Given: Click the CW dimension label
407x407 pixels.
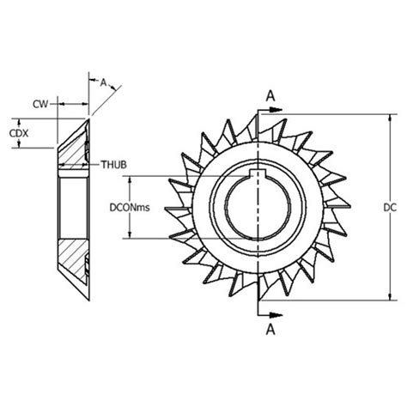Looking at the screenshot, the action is [40, 104].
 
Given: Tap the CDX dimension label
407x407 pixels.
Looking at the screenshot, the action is [19, 133].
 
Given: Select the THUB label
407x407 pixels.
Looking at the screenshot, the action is [113, 165].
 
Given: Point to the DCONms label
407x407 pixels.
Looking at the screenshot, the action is [130, 207].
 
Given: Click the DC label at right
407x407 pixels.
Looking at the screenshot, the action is [390, 208].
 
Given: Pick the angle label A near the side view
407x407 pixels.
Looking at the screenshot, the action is [103, 82].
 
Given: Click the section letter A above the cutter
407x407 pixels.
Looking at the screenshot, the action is [270, 96].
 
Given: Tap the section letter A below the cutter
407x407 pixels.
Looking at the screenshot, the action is [270, 330].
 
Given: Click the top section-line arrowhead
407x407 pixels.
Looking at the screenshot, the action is [276, 110].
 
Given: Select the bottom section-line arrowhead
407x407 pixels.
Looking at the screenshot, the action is [276, 315].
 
